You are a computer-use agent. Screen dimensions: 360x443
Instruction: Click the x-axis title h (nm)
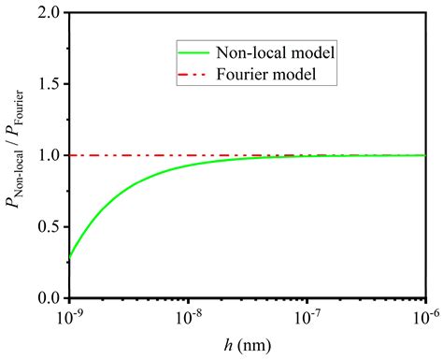point(248,344)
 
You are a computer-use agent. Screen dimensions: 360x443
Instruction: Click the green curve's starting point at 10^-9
point(70,256)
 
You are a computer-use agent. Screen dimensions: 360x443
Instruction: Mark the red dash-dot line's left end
point(71,155)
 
